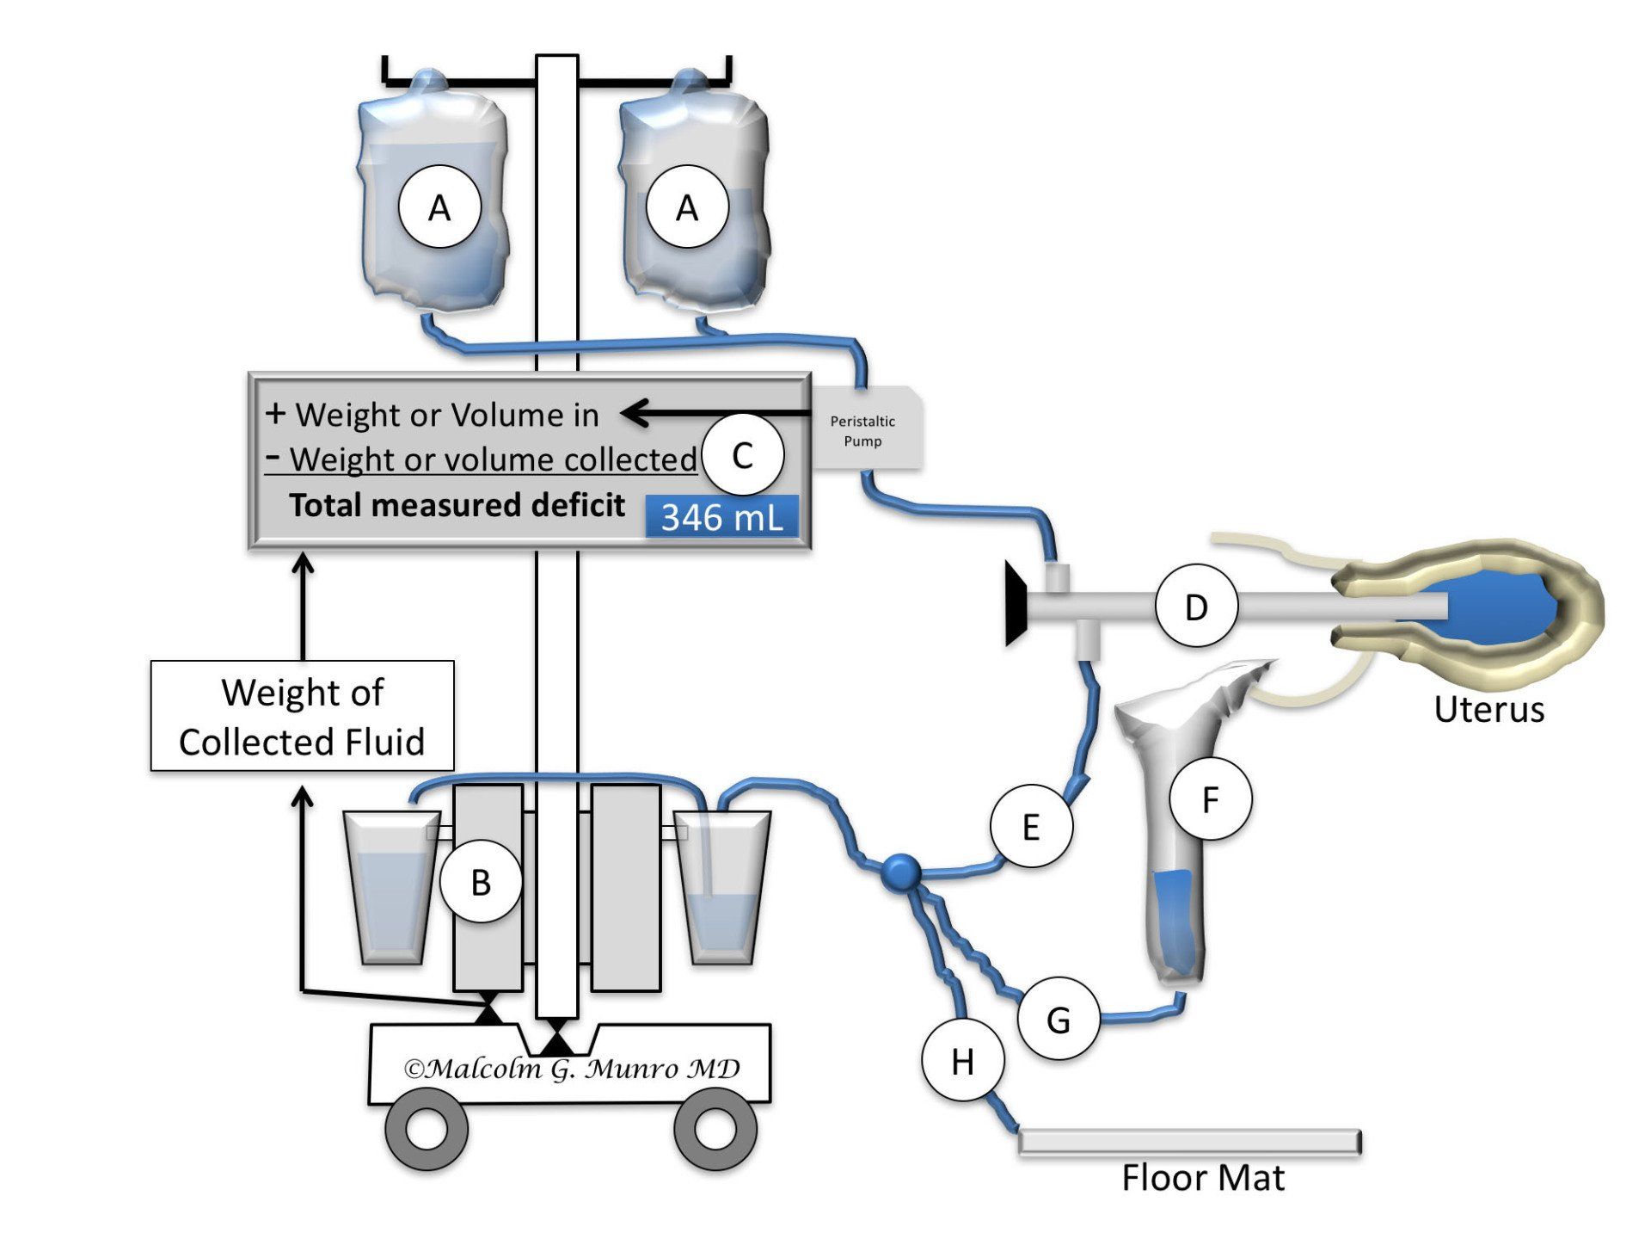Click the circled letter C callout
742,455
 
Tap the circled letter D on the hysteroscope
1196,607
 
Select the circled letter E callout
1031,827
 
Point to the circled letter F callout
1210,799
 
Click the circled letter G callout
1058,1020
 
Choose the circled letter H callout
962,1061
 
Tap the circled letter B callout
481,882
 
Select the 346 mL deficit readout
721,517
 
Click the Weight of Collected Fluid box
302,716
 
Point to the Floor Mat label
1202,1178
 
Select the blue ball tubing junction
901,872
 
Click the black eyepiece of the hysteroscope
1016,602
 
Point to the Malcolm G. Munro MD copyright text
572,1069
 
